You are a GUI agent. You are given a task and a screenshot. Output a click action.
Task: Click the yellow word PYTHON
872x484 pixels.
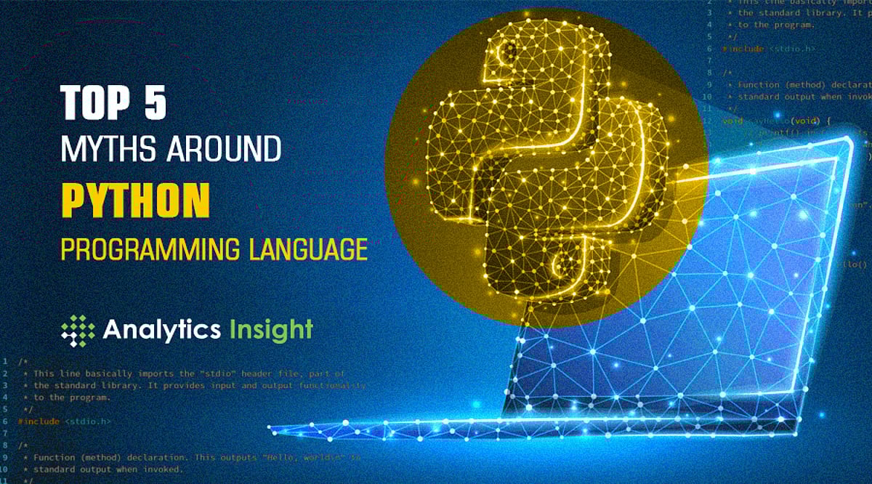point(135,200)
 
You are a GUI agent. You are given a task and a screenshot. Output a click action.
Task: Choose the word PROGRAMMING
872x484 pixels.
point(150,249)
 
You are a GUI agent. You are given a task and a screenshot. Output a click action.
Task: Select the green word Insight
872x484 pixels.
point(270,329)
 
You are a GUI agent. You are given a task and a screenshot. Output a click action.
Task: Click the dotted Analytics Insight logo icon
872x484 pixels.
point(78,331)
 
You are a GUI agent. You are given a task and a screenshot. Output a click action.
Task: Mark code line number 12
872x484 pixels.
point(708,120)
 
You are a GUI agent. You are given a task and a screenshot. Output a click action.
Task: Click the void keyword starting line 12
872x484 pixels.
point(732,120)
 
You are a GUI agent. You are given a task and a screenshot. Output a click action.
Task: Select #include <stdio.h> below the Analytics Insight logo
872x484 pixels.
point(65,421)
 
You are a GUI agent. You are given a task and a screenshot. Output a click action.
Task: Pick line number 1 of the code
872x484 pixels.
point(5,360)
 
